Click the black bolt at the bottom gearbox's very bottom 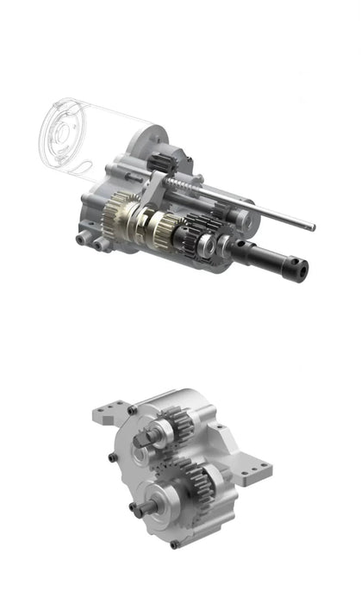[175, 544]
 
